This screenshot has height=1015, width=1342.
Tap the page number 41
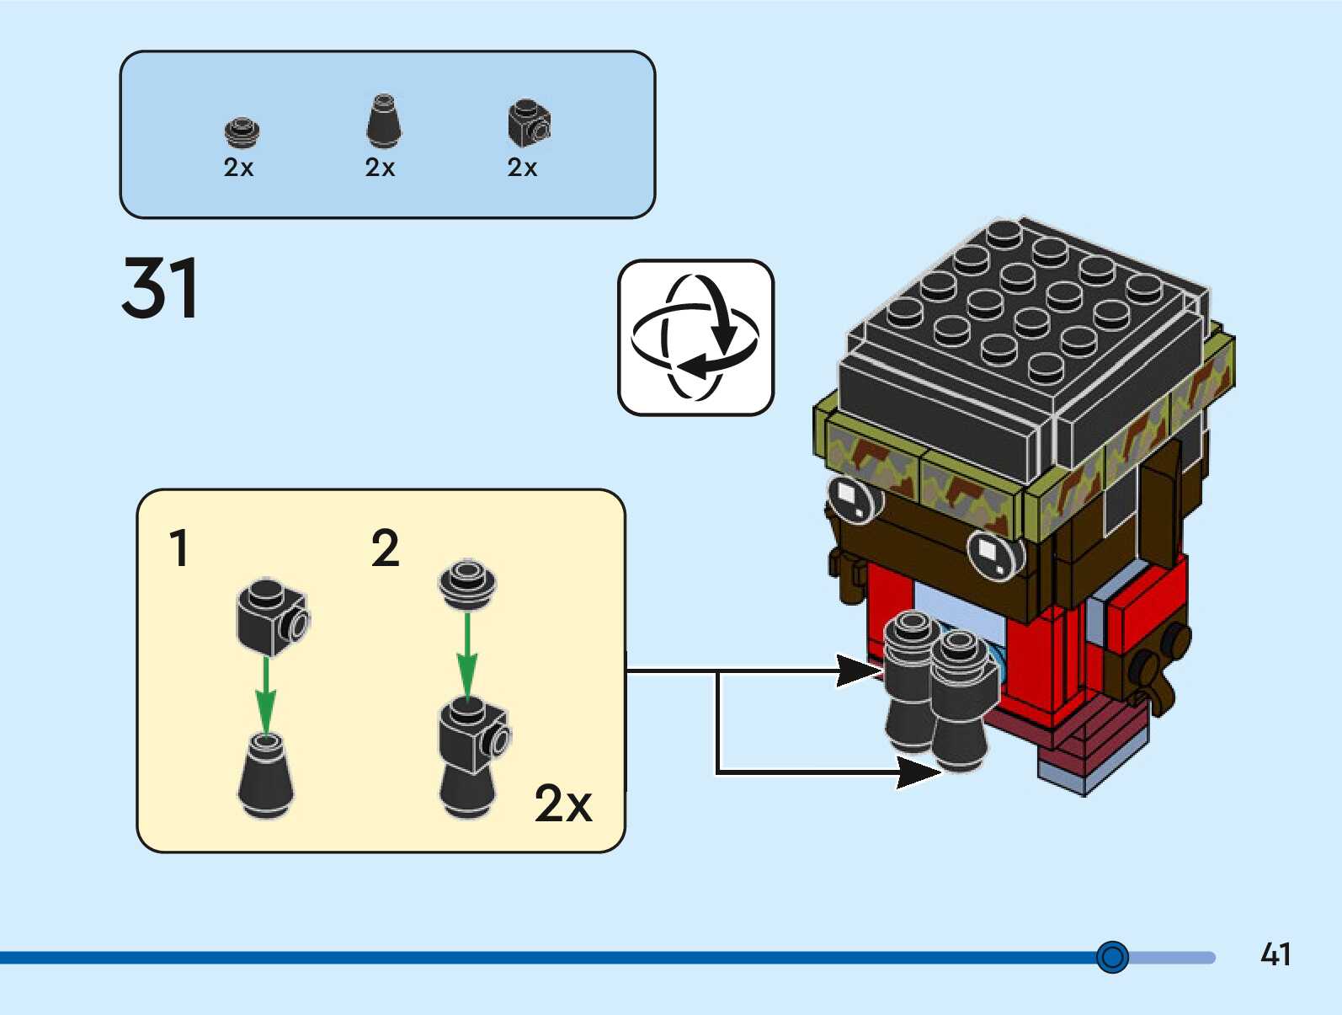point(1275,954)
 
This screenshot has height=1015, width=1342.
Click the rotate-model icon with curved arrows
point(695,338)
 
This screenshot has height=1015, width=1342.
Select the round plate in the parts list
point(242,132)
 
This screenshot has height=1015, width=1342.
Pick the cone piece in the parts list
point(384,121)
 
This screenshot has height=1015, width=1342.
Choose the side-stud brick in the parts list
point(530,123)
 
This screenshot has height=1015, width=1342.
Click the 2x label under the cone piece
point(380,168)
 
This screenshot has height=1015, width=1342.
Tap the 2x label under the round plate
point(238,168)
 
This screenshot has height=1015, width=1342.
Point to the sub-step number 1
point(178,548)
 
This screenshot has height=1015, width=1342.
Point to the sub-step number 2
point(386,548)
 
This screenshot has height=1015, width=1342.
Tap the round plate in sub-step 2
point(467,584)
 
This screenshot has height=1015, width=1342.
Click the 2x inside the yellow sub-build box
point(563,804)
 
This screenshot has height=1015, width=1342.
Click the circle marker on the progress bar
point(1112,957)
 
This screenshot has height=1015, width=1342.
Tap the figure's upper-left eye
point(855,499)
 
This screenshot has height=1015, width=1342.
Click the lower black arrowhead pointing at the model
point(919,773)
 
